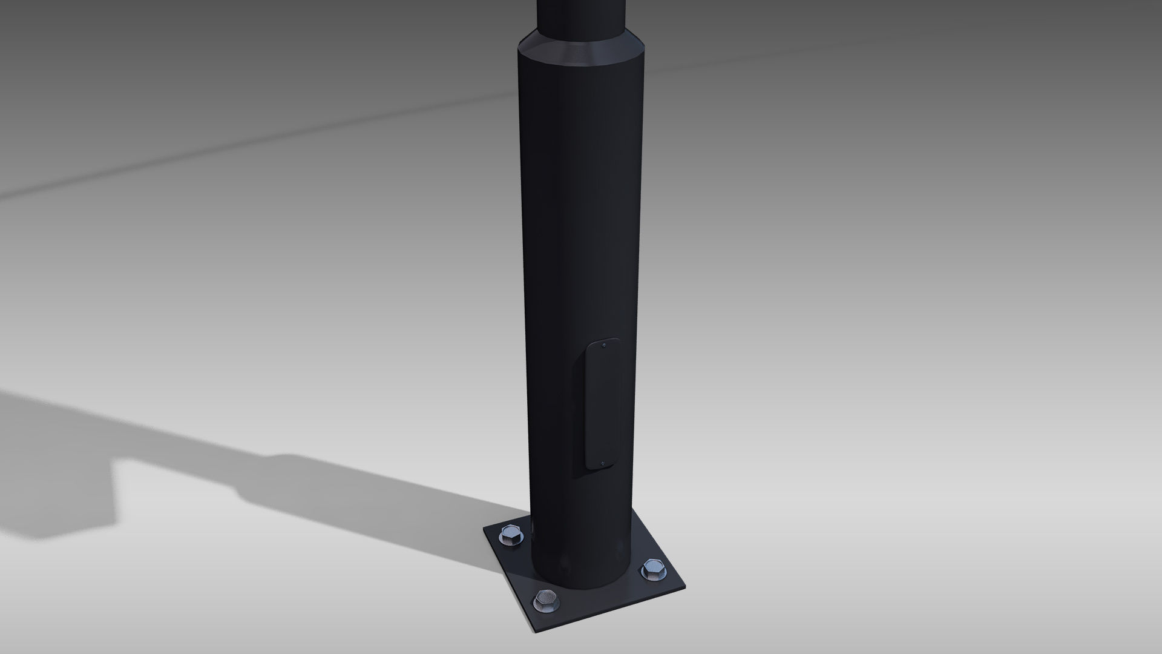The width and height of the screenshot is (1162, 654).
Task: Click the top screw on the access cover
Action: (605, 346)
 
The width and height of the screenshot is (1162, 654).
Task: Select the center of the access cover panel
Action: (603, 405)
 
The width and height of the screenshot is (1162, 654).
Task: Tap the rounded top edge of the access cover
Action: (603, 340)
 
